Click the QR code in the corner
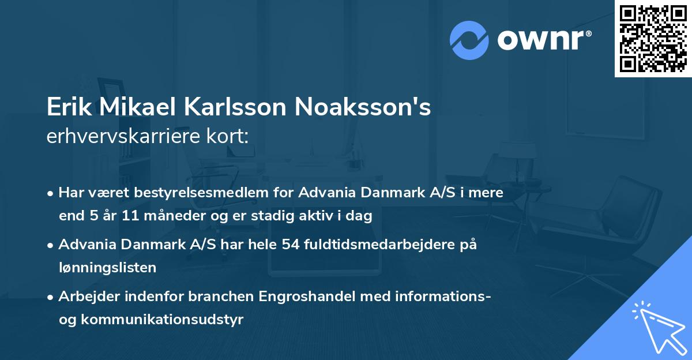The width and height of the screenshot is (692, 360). pyautogui.click(x=653, y=39)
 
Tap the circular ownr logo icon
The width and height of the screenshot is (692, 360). pyautogui.click(x=469, y=40)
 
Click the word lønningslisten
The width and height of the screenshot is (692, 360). pyautogui.click(x=107, y=267)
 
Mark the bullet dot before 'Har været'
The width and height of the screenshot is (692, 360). pyautogui.click(x=51, y=193)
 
